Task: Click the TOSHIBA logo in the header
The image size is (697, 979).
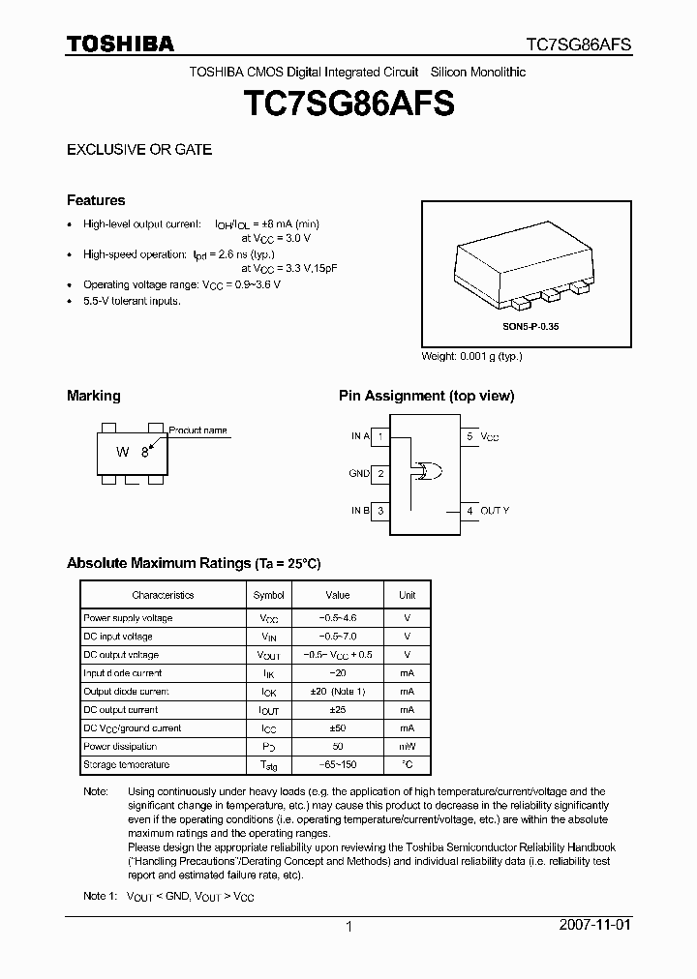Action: [120, 44]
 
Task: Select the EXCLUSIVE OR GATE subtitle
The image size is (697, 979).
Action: [138, 150]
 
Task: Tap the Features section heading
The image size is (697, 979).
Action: [96, 200]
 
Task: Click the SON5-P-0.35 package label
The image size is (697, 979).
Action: [530, 327]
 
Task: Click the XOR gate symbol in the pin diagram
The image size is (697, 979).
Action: [427, 472]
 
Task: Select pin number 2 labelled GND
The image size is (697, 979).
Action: [381, 473]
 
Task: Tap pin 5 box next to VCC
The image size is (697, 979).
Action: [470, 436]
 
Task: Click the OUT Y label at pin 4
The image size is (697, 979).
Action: [495, 510]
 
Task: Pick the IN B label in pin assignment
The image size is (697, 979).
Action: [360, 510]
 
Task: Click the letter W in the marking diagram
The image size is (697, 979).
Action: [123, 452]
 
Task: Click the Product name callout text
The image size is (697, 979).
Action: [198, 430]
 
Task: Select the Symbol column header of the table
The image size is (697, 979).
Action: [268, 595]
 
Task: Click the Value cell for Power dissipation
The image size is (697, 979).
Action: [337, 747]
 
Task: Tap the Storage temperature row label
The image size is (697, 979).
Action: [126, 765]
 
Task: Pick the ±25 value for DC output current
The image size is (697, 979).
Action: [337, 710]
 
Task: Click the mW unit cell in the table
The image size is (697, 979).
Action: [407, 747]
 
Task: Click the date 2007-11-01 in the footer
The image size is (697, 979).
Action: [594, 925]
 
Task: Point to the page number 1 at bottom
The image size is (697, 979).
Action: [348, 926]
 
